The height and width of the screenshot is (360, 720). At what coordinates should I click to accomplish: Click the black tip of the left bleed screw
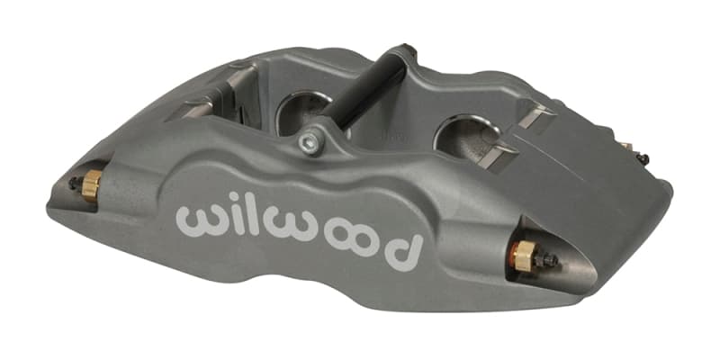(x=73, y=183)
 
